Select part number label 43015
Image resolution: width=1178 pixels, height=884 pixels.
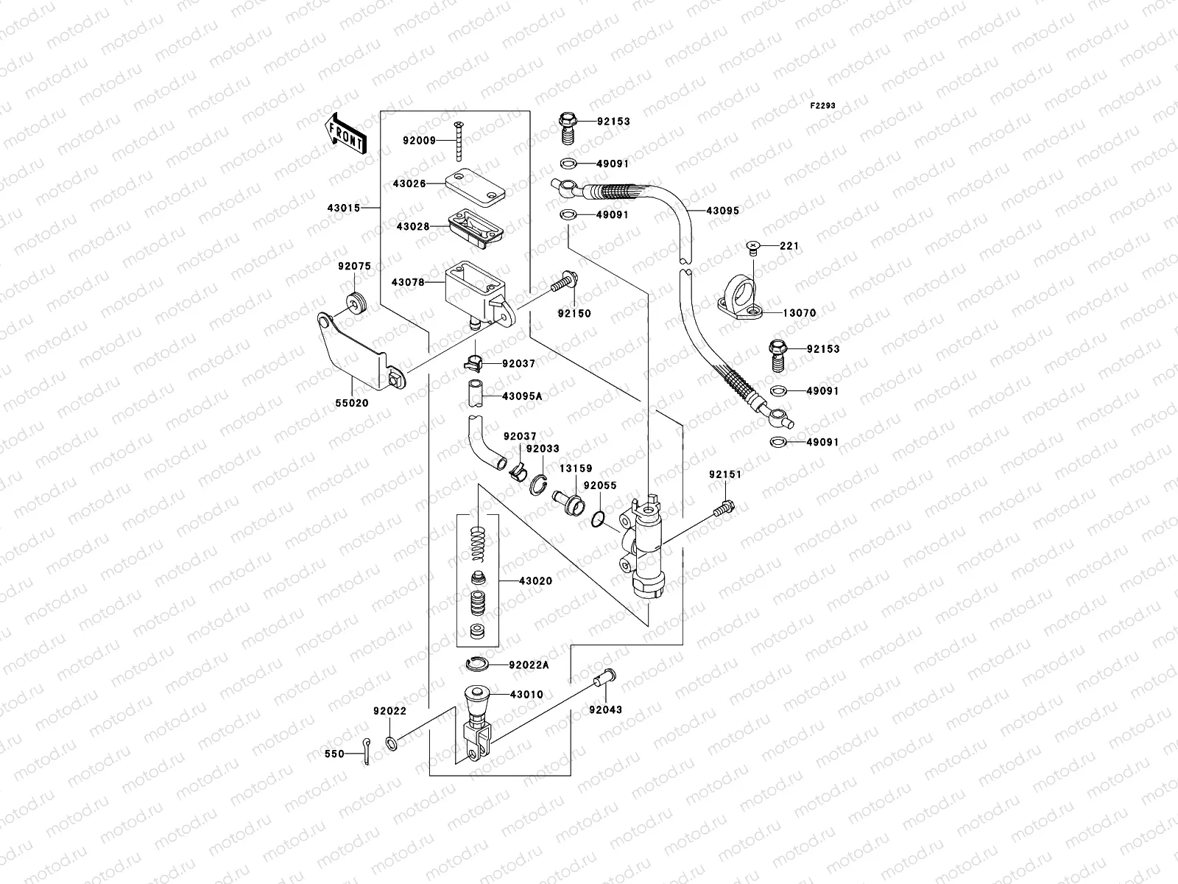[x=343, y=208]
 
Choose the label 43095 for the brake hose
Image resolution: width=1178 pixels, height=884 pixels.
[x=722, y=211]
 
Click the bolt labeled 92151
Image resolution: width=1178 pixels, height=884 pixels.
[x=725, y=506]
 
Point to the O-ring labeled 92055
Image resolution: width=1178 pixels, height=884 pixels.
[x=597, y=520]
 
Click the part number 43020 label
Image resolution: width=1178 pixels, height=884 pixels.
[x=535, y=581]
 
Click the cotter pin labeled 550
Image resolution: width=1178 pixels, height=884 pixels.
[x=367, y=751]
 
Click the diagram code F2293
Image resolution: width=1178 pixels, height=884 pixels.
[x=823, y=106]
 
